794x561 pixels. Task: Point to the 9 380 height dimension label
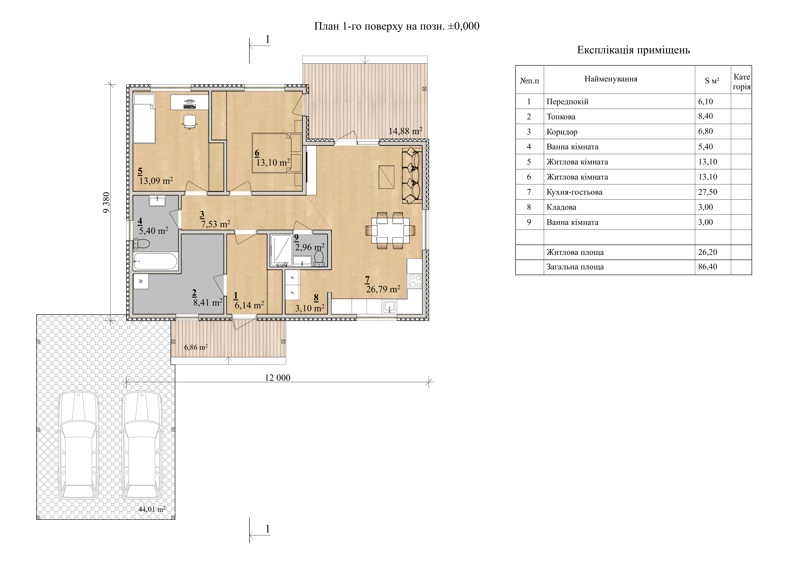click(107, 202)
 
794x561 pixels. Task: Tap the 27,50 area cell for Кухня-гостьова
click(708, 192)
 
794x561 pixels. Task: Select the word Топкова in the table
click(561, 117)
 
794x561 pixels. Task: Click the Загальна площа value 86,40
click(708, 267)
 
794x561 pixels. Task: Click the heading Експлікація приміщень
click(633, 50)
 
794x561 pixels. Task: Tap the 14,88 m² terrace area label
click(405, 131)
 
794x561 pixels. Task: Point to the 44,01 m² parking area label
click(152, 509)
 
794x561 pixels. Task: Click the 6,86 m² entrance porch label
click(196, 347)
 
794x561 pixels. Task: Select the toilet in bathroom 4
click(141, 244)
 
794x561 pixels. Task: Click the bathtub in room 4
click(156, 261)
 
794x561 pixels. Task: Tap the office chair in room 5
click(189, 121)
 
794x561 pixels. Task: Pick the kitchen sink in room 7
click(389, 307)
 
